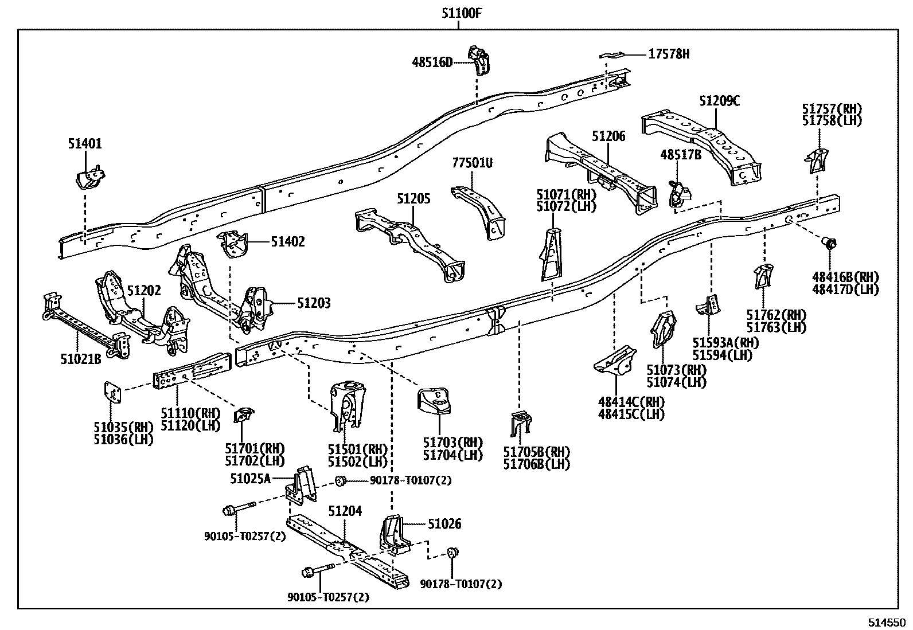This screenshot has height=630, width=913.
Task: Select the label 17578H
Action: coord(669,54)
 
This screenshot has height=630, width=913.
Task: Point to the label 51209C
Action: coord(719,101)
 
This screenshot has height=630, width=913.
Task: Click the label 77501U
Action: coord(472,163)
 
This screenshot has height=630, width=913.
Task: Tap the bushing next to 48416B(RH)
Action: coord(829,243)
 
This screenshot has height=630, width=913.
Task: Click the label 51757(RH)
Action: coord(832,109)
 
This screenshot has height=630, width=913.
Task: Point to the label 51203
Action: coord(313,303)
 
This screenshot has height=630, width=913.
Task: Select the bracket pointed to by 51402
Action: coord(233,244)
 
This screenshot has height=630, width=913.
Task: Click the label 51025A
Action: coord(250,478)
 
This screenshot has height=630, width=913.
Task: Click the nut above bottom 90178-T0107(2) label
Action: coord(452,553)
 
